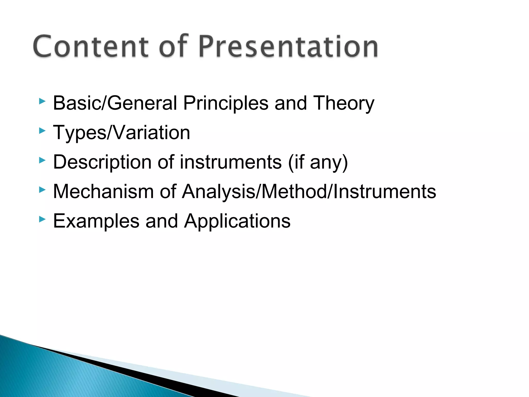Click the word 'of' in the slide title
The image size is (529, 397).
(x=173, y=47)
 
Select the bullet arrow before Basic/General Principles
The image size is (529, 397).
(x=42, y=101)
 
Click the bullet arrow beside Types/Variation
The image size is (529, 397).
(x=42, y=131)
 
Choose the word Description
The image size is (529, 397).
(x=102, y=162)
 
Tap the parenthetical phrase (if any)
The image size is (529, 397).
(x=318, y=162)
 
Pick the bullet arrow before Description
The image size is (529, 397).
(x=42, y=161)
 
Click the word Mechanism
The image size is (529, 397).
(x=103, y=192)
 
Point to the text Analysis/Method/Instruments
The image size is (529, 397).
(x=309, y=192)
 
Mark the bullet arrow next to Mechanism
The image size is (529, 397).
(x=42, y=190)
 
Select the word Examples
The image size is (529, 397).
(x=96, y=221)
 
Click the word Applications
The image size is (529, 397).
(x=237, y=221)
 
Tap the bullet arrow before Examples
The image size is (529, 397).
(x=42, y=219)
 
